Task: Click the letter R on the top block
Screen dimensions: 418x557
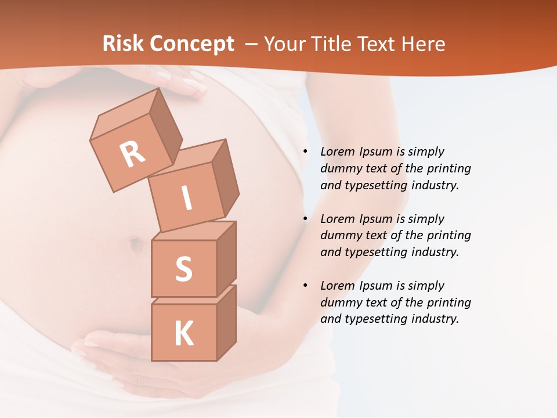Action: [x=133, y=154]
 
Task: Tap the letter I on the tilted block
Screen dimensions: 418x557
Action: [x=187, y=199]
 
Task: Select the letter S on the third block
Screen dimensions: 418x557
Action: [x=183, y=269]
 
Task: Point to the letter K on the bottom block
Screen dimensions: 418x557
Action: [x=183, y=334]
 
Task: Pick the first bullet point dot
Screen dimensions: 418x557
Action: [x=305, y=152]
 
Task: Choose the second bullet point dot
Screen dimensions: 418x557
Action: [x=305, y=219]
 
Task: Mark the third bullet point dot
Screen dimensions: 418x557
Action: [x=305, y=286]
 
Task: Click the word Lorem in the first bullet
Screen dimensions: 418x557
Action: [x=337, y=152]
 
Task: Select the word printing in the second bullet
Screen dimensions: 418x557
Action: [x=449, y=235]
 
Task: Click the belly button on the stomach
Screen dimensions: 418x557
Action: [x=136, y=244]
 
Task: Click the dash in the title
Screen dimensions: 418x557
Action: [x=252, y=44]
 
